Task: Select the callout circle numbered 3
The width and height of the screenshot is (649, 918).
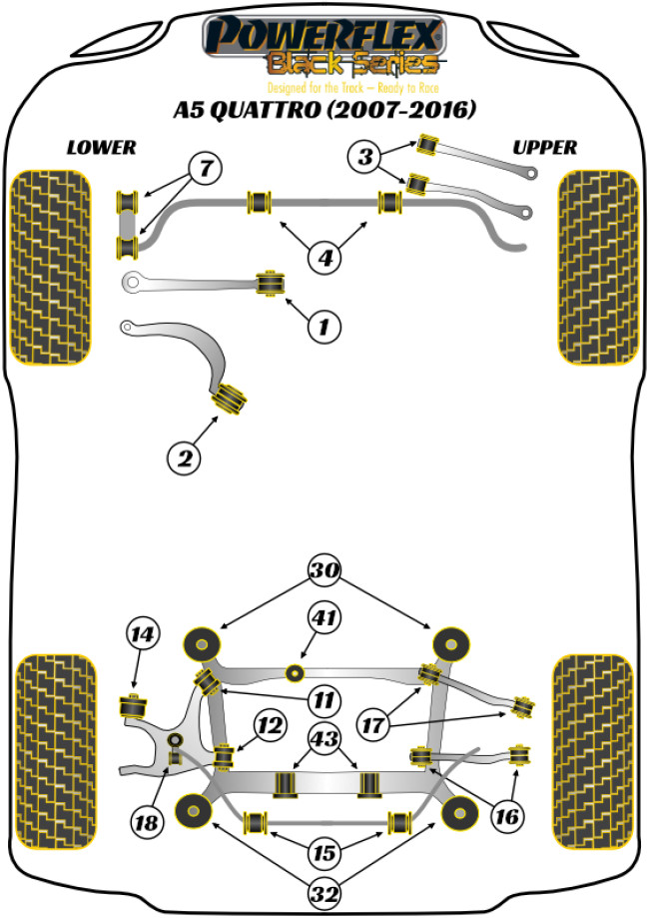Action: tap(365, 157)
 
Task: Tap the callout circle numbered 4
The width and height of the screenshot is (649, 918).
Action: tap(324, 258)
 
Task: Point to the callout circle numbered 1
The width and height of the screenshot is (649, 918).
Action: tap(324, 325)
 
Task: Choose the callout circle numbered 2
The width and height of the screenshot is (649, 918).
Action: tap(185, 459)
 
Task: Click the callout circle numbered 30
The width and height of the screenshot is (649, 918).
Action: tap(324, 572)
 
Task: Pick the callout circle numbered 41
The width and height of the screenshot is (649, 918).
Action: tap(324, 619)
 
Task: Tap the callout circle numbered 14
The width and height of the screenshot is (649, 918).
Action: tap(143, 633)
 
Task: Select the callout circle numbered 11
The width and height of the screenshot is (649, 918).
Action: tap(324, 699)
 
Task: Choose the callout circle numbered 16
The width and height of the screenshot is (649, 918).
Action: tap(507, 817)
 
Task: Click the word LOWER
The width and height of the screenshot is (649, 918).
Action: tap(101, 148)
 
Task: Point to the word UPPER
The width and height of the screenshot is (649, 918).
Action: tap(545, 148)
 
